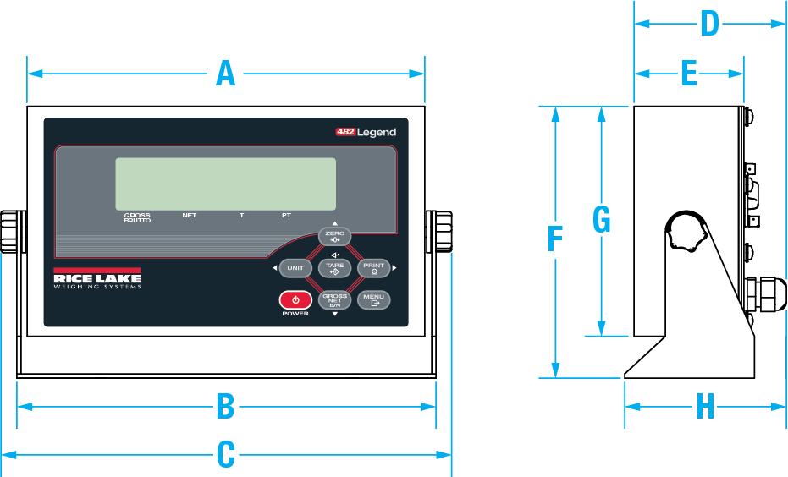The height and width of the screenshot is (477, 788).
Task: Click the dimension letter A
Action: pos(225,74)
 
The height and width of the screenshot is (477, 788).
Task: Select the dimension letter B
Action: pos(225,407)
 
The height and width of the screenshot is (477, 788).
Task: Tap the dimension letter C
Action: pos(225,455)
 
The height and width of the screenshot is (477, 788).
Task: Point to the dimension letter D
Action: pos(709,25)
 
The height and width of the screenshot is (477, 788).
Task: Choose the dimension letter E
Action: pos(689,74)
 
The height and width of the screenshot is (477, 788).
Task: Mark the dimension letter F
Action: pos(555,240)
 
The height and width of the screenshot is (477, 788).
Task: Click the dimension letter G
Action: pos(601,221)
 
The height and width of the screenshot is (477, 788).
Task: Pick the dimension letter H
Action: pos(705,407)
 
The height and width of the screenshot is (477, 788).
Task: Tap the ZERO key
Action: pos(334,235)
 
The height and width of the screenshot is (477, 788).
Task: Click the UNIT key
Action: pos(295,268)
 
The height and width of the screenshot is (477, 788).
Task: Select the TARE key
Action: pos(334,268)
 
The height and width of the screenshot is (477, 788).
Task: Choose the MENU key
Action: pos(373,299)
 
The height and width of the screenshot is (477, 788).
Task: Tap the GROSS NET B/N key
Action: pos(334,300)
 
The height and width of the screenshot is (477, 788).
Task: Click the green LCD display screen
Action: pos(225,184)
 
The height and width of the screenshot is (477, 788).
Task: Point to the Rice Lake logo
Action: pos(97,279)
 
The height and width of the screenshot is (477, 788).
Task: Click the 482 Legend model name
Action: pos(366,132)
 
